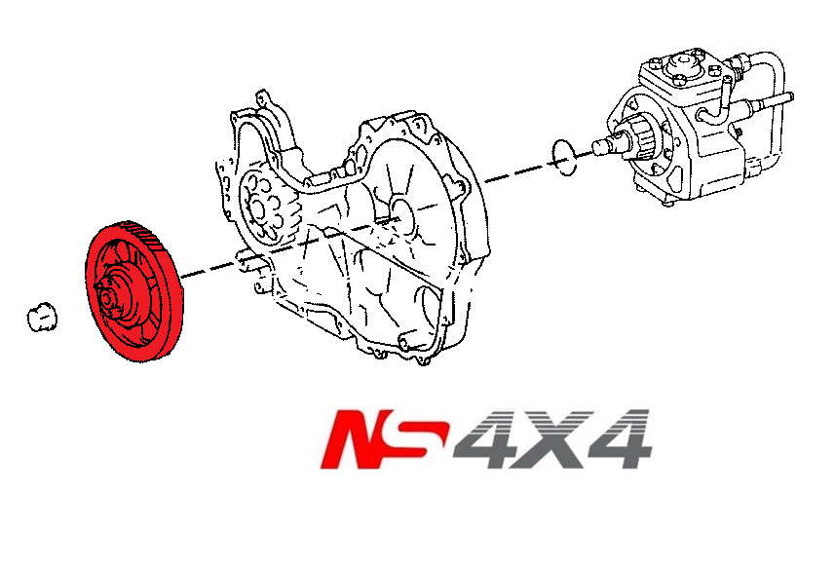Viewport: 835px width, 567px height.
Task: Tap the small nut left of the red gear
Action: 41,316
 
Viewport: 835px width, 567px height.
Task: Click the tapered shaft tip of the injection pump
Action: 601,146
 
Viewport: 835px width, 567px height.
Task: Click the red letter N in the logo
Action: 358,439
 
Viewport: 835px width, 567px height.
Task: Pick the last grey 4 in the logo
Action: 618,439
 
